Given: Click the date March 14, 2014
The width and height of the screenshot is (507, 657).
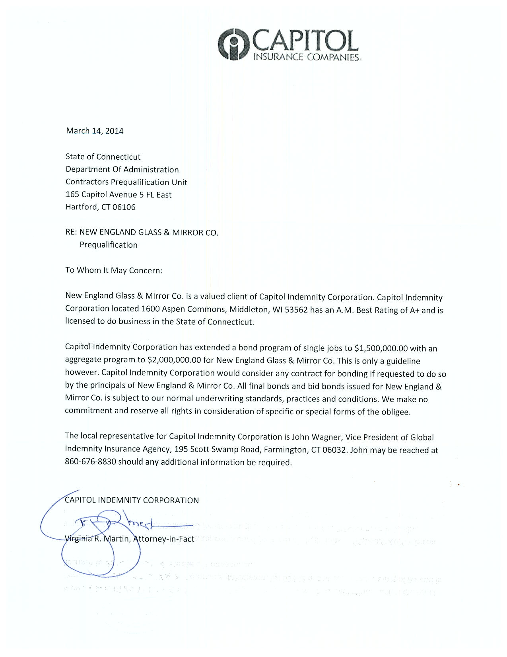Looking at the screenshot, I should coord(95,131).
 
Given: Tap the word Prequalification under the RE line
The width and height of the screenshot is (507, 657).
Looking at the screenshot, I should coord(109,245).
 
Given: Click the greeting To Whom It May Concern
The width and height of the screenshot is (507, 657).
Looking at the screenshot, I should coord(114,270).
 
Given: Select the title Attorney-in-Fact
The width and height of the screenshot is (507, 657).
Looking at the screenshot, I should coord(164,539).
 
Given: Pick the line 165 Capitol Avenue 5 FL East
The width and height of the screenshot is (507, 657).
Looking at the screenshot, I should coord(118,195).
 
